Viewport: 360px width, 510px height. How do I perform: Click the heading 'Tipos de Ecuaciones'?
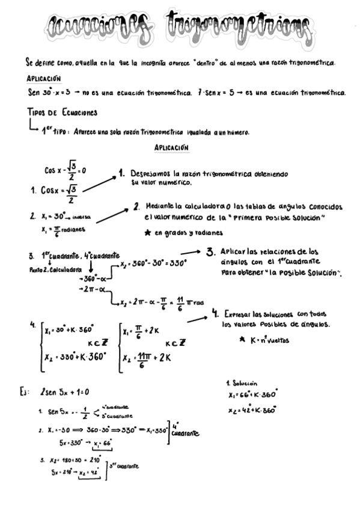(63, 112)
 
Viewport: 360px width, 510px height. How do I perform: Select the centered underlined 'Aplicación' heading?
(171, 147)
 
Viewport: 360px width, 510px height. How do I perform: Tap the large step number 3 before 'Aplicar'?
(210, 252)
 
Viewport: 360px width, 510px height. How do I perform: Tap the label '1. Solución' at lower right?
(242, 382)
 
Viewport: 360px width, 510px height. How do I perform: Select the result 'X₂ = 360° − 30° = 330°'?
(154, 263)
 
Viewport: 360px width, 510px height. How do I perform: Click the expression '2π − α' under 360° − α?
(94, 289)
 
